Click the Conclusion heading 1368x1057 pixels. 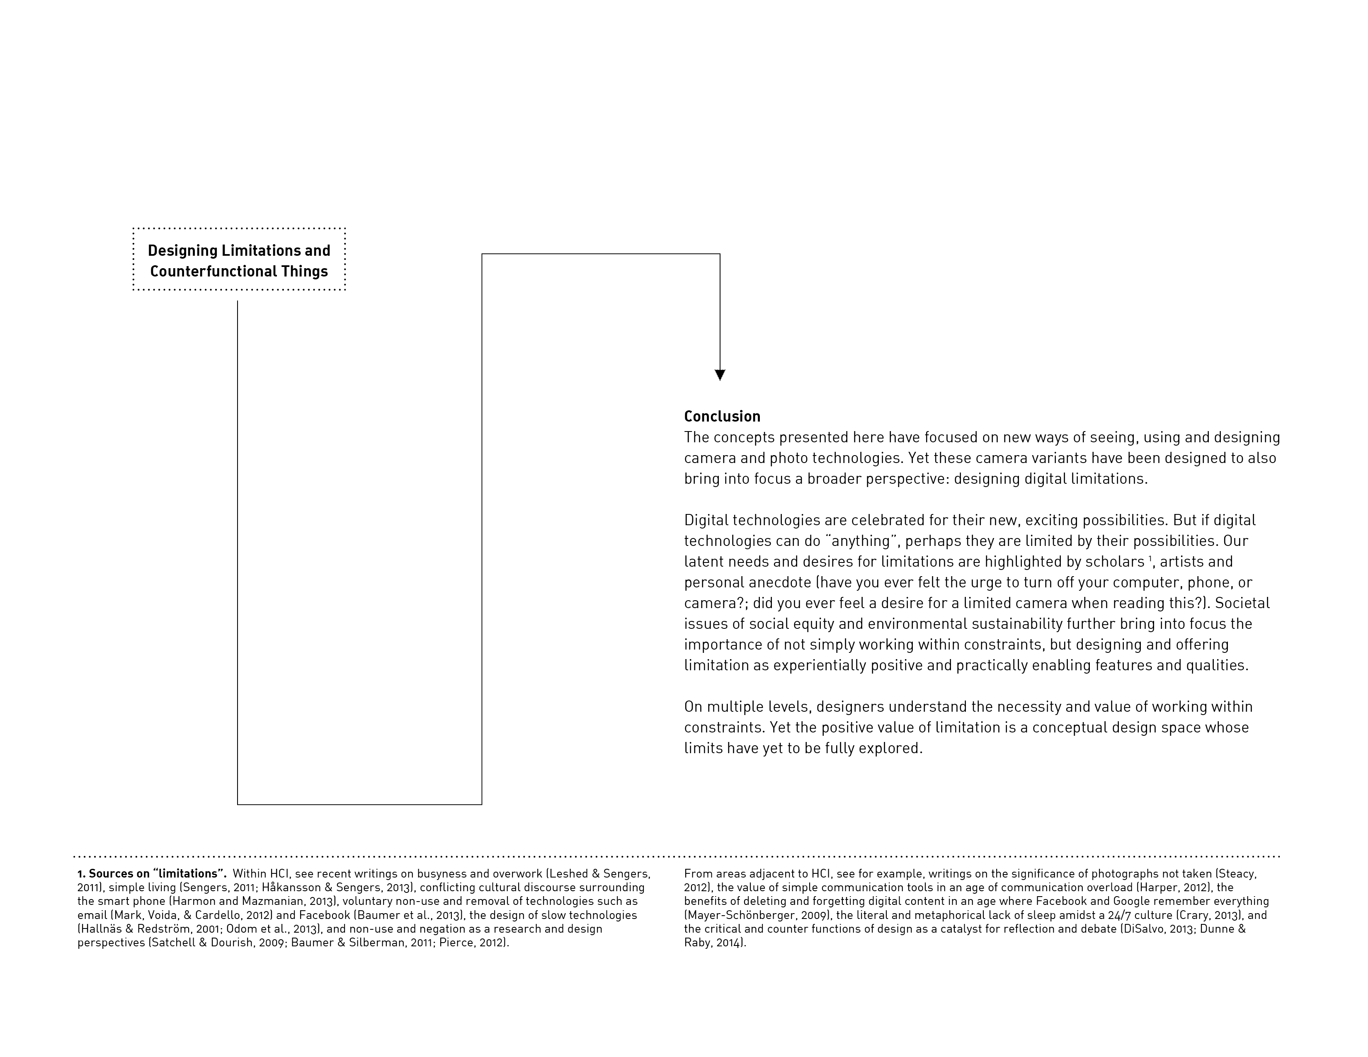coord(722,417)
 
